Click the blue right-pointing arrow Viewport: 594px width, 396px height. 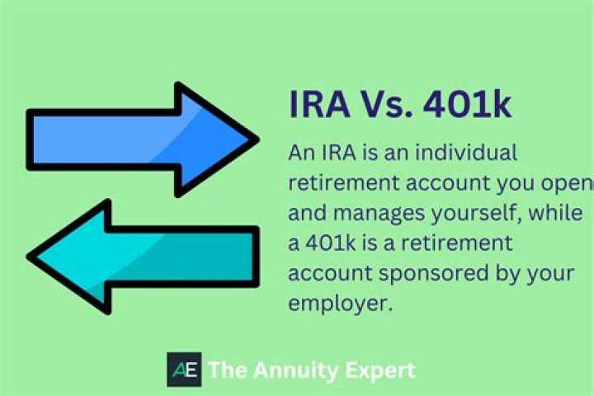[132, 139]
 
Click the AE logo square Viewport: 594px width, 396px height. [183, 370]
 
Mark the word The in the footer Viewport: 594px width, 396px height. [224, 370]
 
